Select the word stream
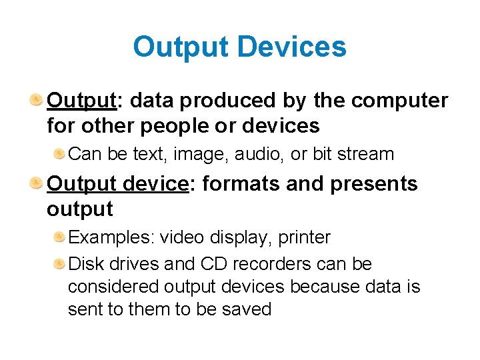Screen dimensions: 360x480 [366, 154]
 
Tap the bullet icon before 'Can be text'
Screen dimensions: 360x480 [59, 154]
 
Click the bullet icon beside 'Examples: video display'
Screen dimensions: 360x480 [59, 237]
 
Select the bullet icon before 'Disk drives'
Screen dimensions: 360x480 [59, 264]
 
